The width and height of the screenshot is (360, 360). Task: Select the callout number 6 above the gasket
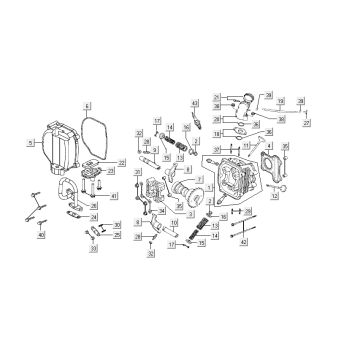coord(86,105)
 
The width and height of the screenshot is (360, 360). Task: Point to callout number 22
coord(122,162)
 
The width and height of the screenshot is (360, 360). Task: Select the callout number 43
coord(195,104)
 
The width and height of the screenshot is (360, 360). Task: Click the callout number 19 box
coord(281,102)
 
